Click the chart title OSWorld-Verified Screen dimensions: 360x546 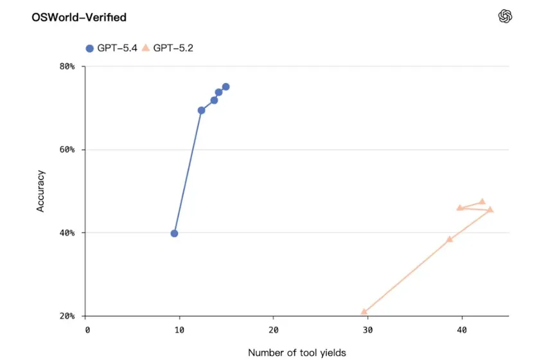(79, 17)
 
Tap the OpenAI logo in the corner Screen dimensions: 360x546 (506, 17)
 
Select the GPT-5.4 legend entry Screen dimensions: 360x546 (111, 48)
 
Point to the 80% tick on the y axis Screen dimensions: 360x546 (67, 66)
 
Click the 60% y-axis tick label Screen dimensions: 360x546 (67, 149)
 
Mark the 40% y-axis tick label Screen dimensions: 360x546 (67, 233)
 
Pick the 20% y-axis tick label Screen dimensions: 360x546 (67, 316)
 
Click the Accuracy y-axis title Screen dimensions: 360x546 (41, 191)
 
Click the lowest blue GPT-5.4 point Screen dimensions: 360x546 (174, 233)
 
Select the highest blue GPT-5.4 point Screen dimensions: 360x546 (225, 87)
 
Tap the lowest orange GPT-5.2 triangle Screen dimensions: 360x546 (364, 312)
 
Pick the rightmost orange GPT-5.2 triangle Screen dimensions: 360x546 (490, 210)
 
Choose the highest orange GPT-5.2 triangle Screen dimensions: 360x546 (482, 201)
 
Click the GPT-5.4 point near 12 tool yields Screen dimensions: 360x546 (201, 111)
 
